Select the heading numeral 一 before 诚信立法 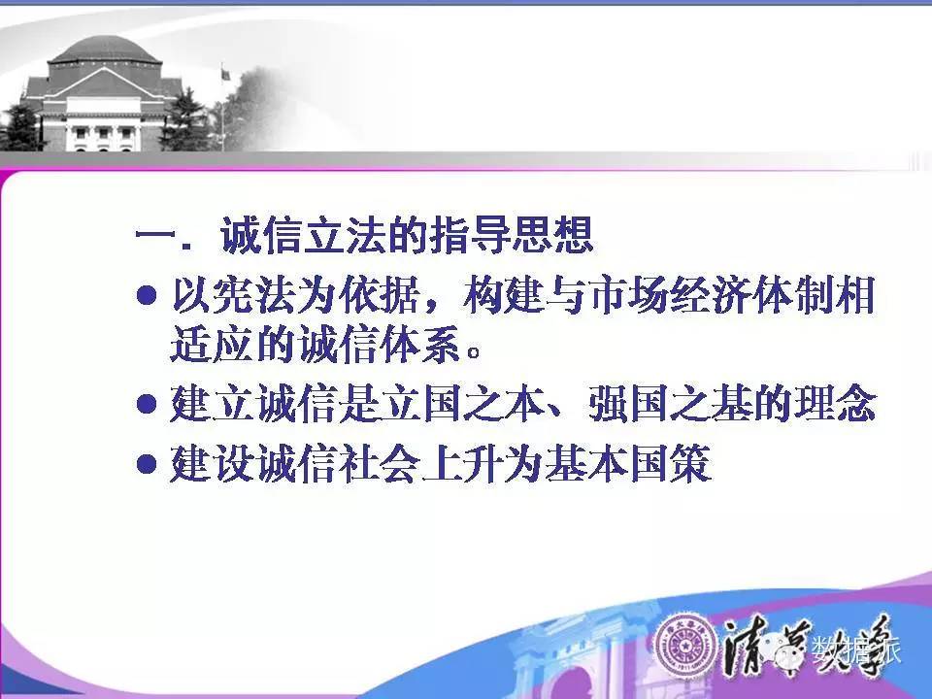click(x=155, y=234)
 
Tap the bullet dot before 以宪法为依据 click(x=147, y=295)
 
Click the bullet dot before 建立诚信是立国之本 click(x=147, y=404)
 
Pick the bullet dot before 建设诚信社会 click(x=147, y=463)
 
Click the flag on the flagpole click(x=226, y=75)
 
